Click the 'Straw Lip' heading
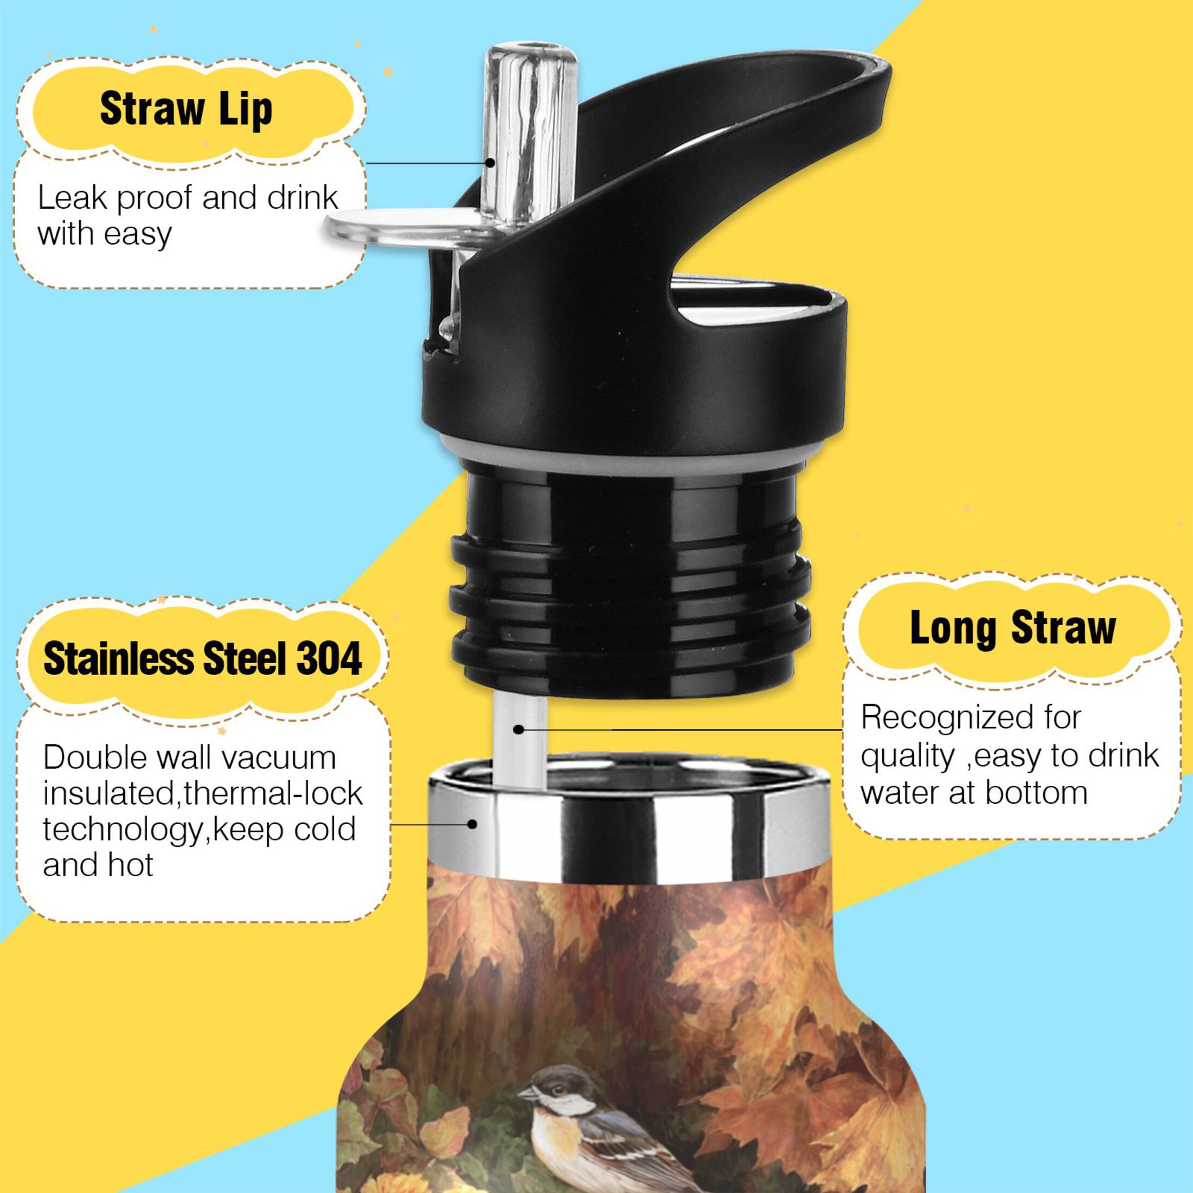pyautogui.click(x=186, y=110)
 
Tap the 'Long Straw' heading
pyautogui.click(x=1012, y=628)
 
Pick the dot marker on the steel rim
pyautogui.click(x=472, y=824)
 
